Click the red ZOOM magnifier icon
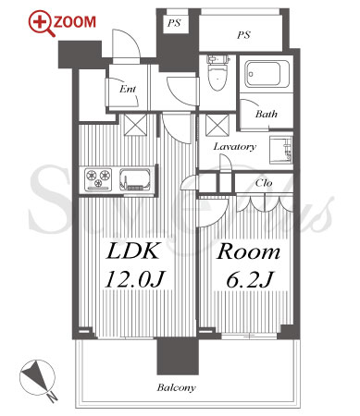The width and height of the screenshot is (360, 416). click(39, 21)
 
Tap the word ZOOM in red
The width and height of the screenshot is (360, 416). click(75, 22)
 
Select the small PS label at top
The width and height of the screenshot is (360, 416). click(174, 23)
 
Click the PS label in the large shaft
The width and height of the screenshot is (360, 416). click(243, 35)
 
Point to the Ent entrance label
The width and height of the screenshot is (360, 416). click(128, 89)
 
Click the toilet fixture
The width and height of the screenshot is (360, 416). click(218, 73)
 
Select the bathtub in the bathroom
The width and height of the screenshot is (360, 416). click(267, 74)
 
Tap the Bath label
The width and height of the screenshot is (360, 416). click(267, 114)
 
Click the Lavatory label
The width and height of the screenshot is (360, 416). click(234, 146)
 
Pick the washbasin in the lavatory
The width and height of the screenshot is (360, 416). click(280, 149)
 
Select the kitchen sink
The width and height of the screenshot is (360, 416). click(134, 179)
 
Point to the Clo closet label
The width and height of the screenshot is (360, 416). click(264, 183)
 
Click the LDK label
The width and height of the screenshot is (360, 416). click(133, 251)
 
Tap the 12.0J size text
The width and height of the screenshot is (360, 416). click(135, 279)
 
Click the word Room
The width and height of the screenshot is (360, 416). click(249, 251)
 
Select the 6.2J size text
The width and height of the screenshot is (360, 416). click(250, 279)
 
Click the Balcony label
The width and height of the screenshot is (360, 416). click(176, 387)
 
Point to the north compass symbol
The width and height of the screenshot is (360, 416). click(38, 379)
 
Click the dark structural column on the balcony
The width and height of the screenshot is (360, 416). click(178, 356)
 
